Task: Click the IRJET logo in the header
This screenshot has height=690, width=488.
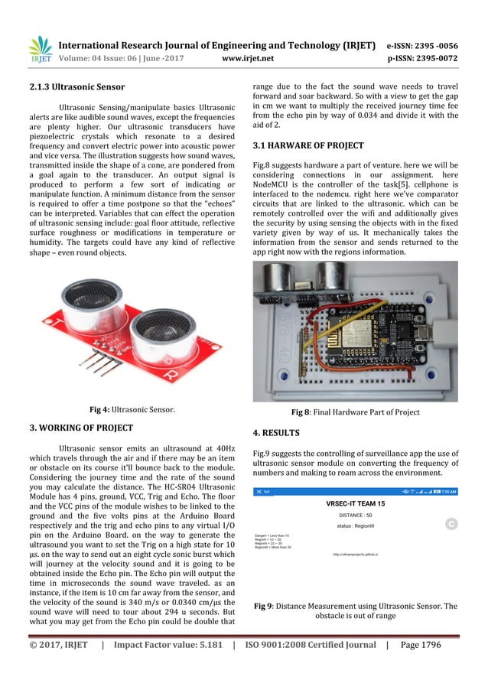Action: (x=41, y=49)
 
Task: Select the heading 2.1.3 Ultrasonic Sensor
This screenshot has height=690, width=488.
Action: (x=73, y=86)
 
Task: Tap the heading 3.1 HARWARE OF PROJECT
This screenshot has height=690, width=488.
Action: (x=298, y=145)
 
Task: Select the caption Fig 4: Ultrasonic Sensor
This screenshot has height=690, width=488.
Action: (x=130, y=410)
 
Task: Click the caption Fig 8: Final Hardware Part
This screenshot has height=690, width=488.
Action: (x=355, y=412)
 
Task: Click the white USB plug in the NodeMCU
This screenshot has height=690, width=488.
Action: (x=446, y=334)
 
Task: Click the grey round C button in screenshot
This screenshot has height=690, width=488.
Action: (x=451, y=524)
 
